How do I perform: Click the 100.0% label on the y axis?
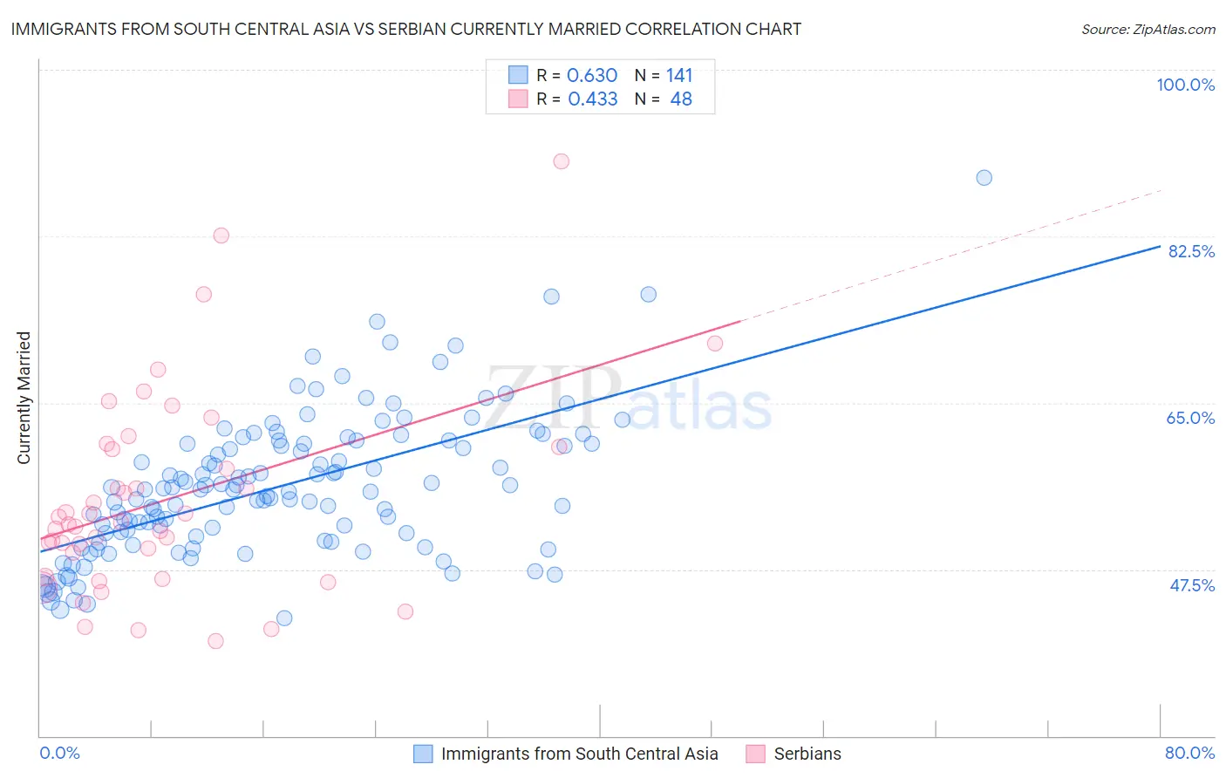[1185, 85]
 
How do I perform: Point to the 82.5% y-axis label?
[1190, 251]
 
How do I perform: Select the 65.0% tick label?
[1190, 418]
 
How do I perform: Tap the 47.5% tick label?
[1191, 585]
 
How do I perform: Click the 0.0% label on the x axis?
[59, 753]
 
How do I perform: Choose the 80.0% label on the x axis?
[1189, 753]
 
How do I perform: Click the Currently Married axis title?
[24, 398]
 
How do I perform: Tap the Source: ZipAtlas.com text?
[1148, 29]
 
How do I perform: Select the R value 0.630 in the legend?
[592, 76]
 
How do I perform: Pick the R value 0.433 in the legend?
[592, 99]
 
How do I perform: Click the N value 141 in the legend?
[679, 76]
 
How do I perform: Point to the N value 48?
[681, 99]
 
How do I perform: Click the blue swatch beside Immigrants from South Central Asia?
[423, 754]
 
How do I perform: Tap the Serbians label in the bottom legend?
[807, 754]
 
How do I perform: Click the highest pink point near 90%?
[562, 161]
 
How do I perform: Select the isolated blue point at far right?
[984, 178]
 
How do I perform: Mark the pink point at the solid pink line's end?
[715, 344]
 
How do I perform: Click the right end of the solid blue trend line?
[1159, 246]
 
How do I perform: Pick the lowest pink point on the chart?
[215, 641]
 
